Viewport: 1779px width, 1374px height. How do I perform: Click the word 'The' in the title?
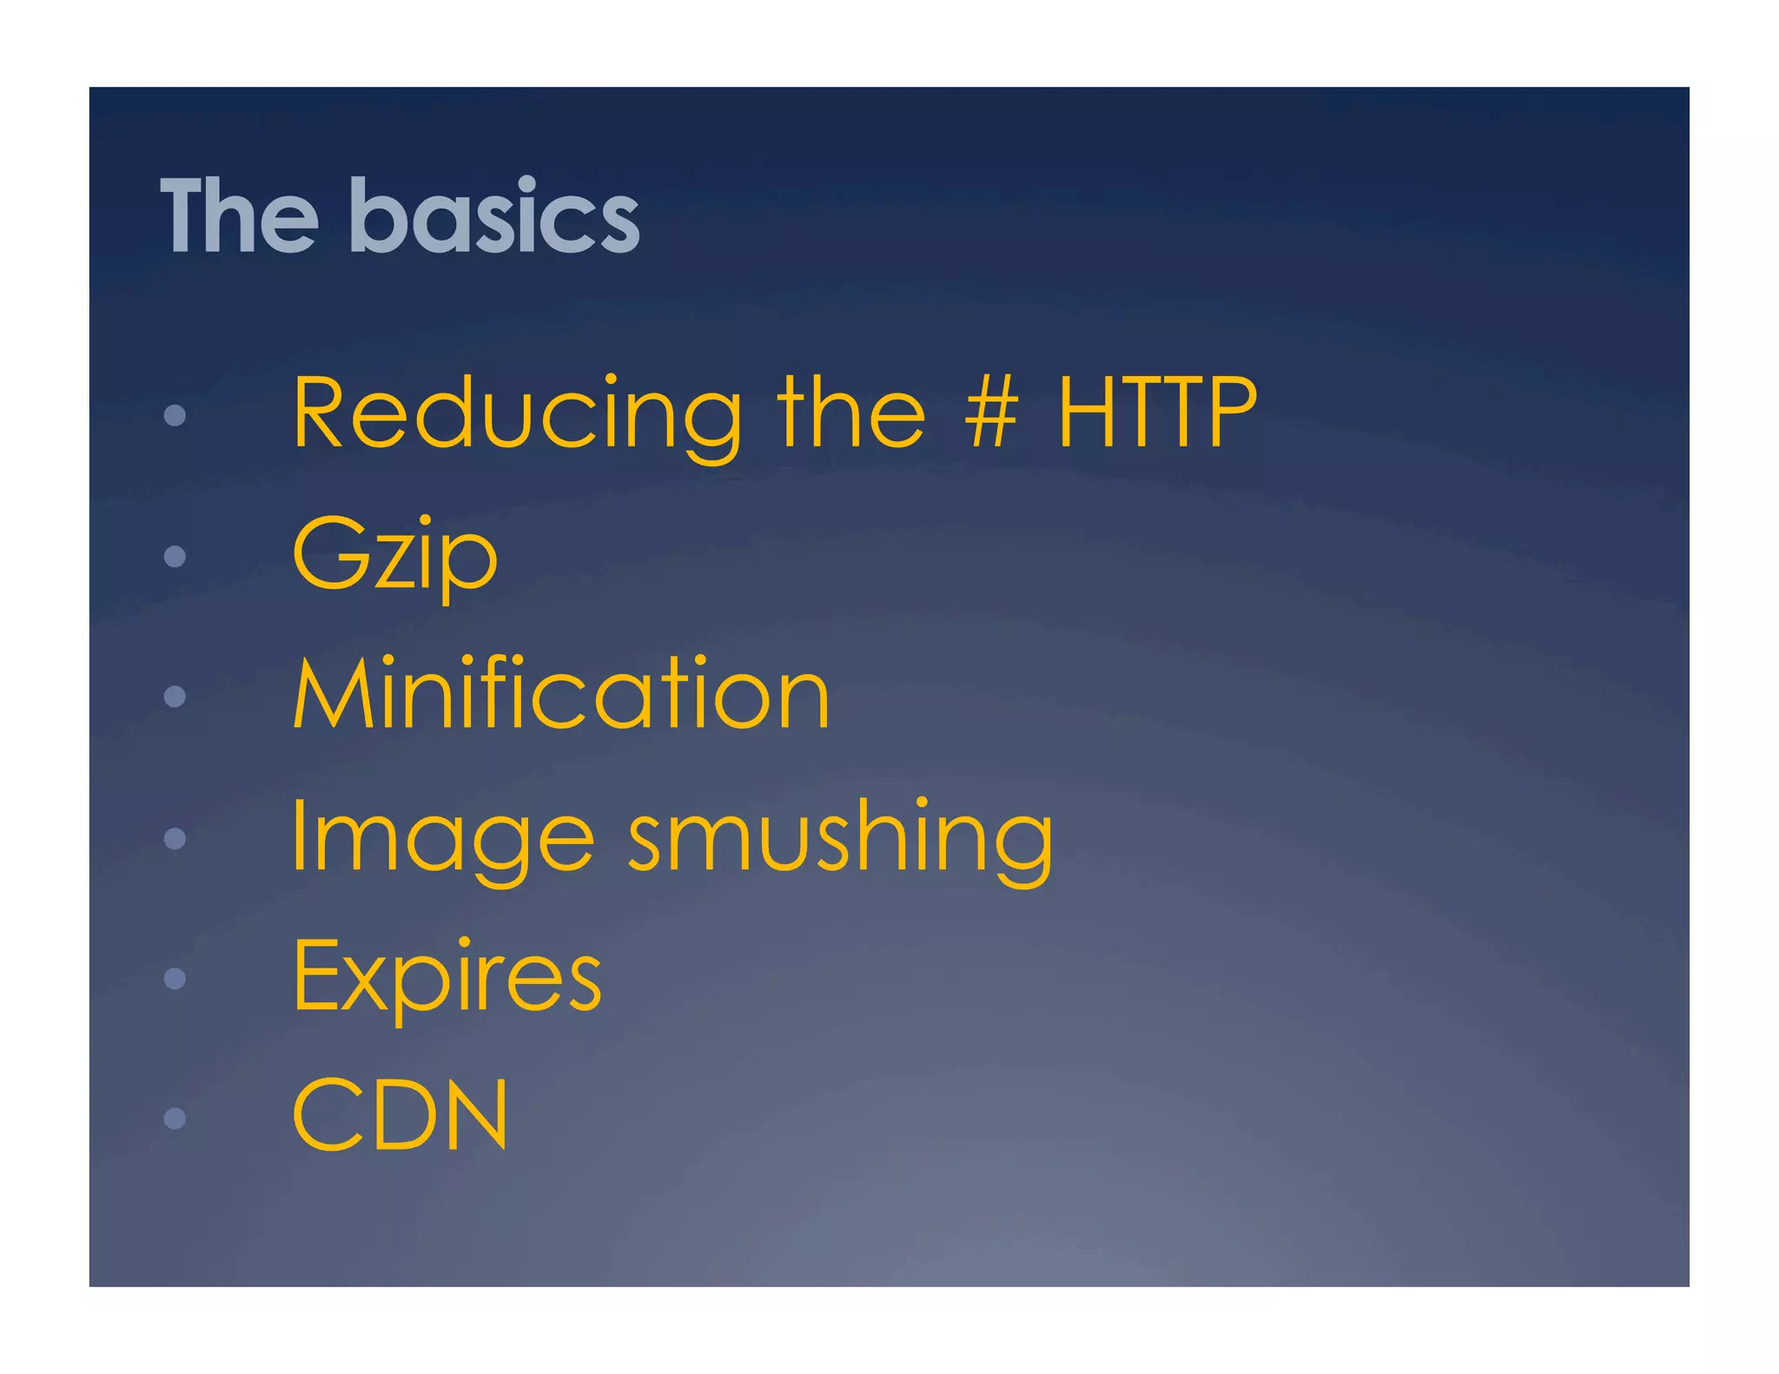click(x=240, y=215)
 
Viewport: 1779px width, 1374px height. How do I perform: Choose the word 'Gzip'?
click(x=394, y=556)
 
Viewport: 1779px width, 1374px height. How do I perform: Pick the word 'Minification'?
click(x=561, y=694)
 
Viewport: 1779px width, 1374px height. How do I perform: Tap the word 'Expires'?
click(x=446, y=976)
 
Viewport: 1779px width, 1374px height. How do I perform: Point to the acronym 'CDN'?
click(x=400, y=1115)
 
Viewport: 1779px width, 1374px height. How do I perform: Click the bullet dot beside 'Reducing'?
click(x=175, y=415)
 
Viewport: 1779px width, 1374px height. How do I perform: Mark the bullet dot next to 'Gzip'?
click(x=175, y=556)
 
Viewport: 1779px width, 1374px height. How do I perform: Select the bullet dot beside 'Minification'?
click(x=175, y=697)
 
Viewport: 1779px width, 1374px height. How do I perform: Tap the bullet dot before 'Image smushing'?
click(x=175, y=838)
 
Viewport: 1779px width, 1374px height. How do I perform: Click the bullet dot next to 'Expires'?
click(x=175, y=979)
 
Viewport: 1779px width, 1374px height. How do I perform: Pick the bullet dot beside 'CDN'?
click(x=175, y=1118)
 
